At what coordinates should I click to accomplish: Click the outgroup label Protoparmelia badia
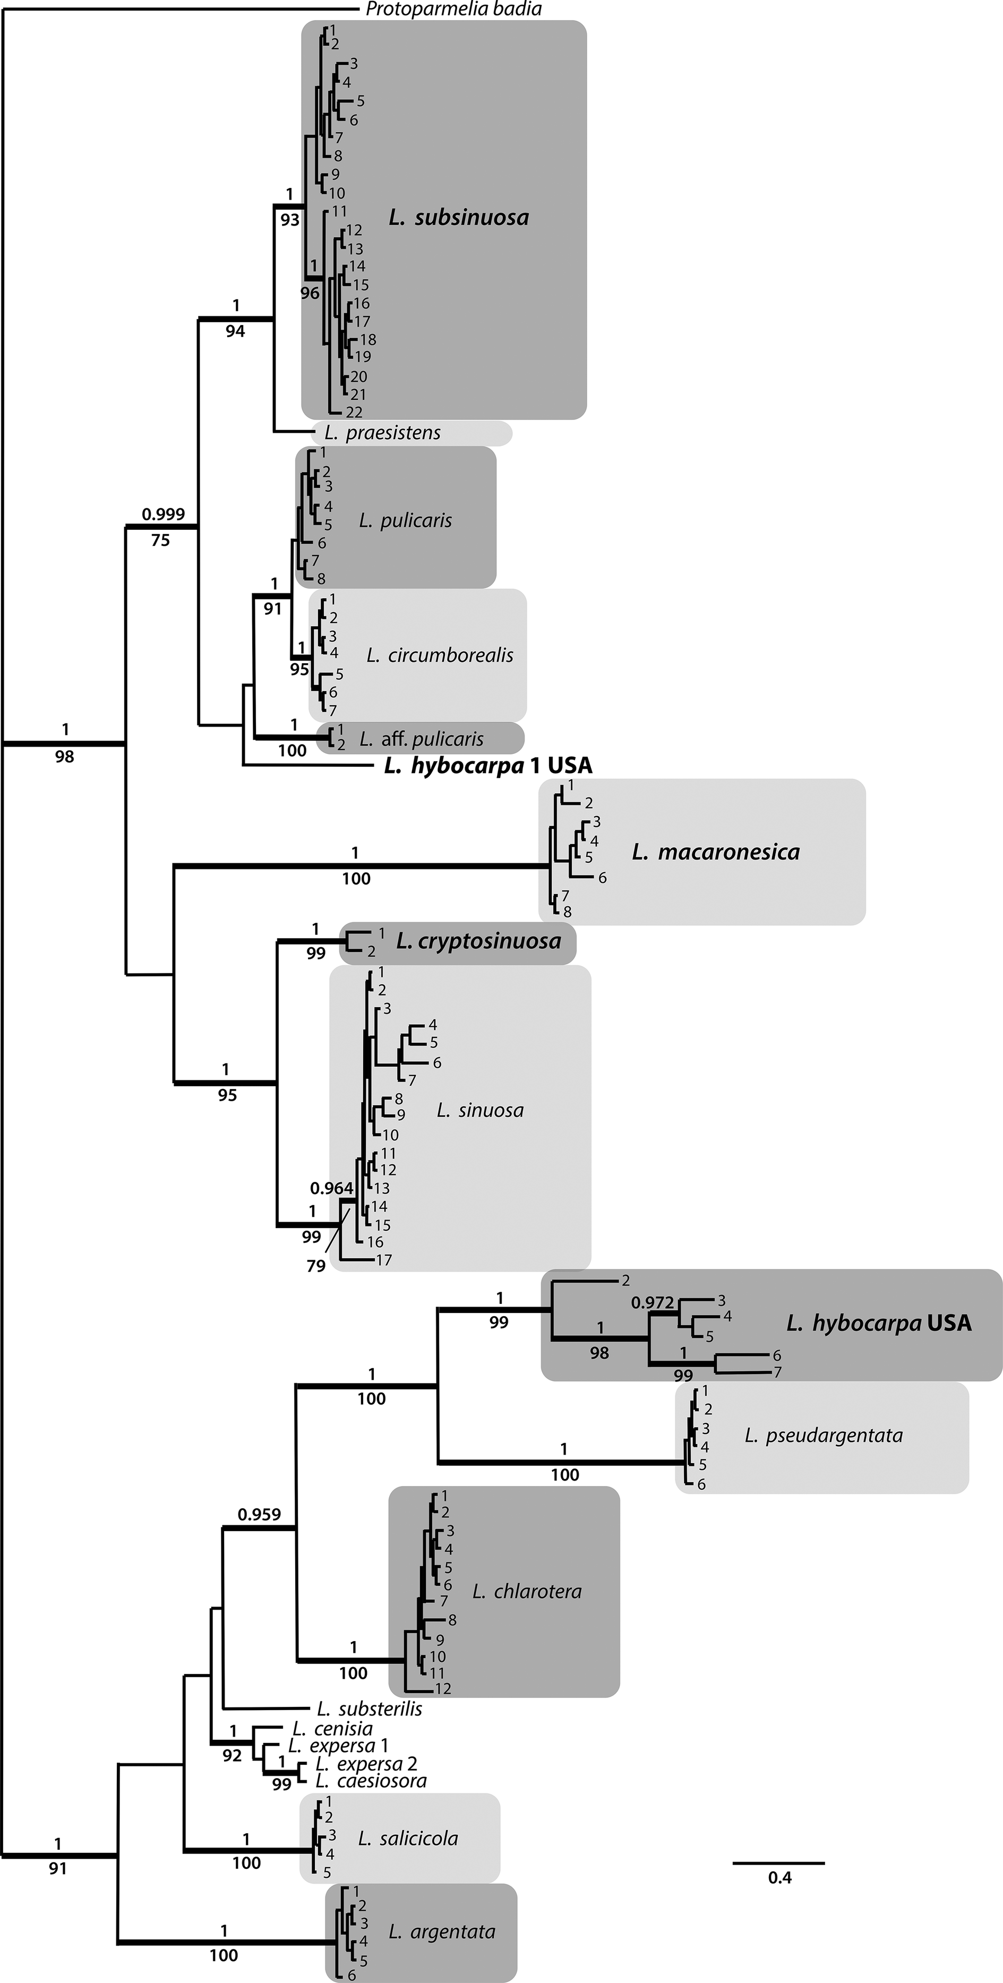click(x=453, y=9)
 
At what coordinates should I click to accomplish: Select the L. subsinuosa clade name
click(x=459, y=218)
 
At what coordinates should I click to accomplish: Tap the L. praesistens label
click(x=383, y=433)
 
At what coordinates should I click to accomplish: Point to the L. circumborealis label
click(x=440, y=655)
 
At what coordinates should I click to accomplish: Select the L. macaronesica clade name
click(x=715, y=852)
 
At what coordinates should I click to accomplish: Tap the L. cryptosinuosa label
click(x=478, y=941)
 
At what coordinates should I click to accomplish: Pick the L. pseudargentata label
click(x=823, y=1435)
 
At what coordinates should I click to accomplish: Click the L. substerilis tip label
click(x=370, y=1709)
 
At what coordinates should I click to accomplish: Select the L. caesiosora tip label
click(x=371, y=1781)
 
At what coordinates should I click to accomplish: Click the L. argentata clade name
click(x=442, y=1932)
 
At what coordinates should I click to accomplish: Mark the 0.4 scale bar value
click(x=779, y=1877)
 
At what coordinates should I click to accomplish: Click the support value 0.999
click(x=163, y=514)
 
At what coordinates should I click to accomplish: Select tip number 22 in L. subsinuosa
click(x=354, y=413)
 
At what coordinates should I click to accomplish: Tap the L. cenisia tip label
click(x=332, y=1729)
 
